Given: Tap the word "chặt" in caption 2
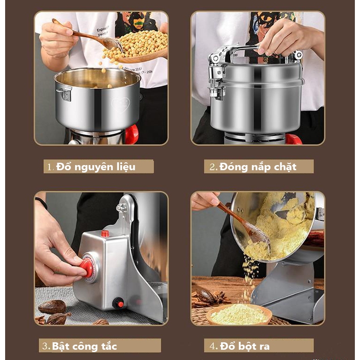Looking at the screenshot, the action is coord(285,167).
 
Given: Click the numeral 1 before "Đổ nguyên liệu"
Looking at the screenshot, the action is coord(49,167).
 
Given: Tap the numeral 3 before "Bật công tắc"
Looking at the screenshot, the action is coord(45,346).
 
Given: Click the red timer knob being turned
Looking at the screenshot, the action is coord(87,267).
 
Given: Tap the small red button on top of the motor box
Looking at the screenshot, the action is coord(105,234).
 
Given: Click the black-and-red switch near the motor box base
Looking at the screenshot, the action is coord(118,303).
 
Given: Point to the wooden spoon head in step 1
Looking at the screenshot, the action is coord(112,43).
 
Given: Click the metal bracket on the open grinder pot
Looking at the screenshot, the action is coord(64,93).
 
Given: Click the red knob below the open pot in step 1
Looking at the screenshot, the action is coord(132,135).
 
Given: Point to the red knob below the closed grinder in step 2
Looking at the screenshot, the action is coord(294,139).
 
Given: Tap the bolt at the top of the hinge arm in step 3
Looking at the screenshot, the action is coord(121,208).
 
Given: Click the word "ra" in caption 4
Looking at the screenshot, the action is coord(265,346).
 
